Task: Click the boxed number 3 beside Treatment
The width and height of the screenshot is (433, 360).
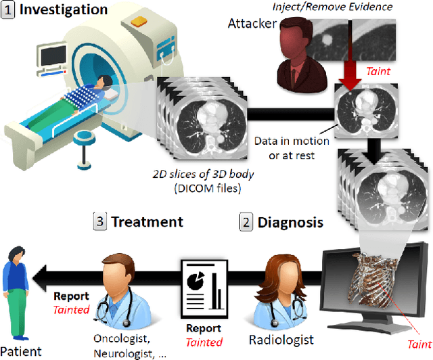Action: pos(99,222)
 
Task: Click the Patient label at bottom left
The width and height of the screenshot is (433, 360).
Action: pos(20,351)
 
